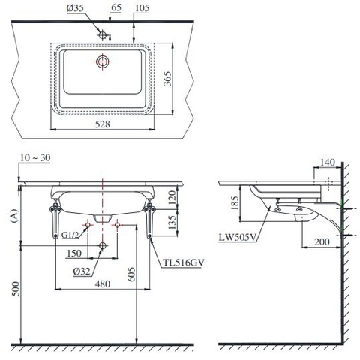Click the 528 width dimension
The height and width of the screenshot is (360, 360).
point(105,124)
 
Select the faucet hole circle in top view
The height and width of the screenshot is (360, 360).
point(103,34)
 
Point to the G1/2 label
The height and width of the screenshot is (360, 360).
point(71,235)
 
